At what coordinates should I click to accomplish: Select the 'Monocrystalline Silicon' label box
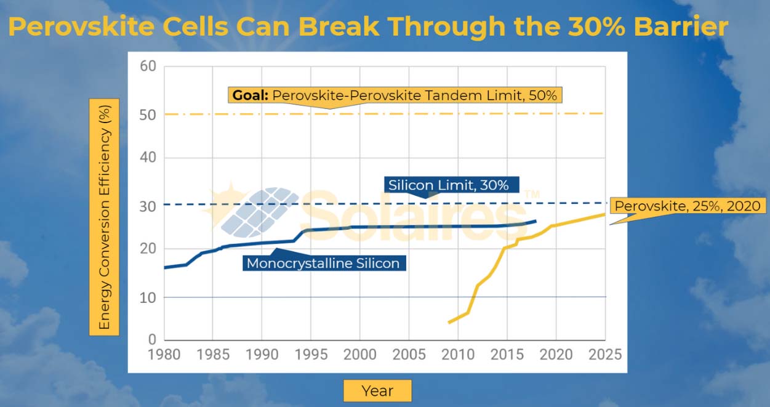pyautogui.click(x=323, y=264)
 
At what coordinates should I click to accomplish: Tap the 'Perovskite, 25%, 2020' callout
pyautogui.click(x=688, y=206)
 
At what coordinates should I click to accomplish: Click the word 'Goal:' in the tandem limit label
pyautogui.click(x=250, y=96)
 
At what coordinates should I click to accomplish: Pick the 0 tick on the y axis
pyautogui.click(x=151, y=340)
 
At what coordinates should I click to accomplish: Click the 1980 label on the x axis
pyautogui.click(x=164, y=355)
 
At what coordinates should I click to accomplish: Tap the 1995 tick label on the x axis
pyautogui.click(x=311, y=355)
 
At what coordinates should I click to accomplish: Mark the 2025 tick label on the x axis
pyautogui.click(x=605, y=355)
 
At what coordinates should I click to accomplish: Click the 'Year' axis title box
pyautogui.click(x=377, y=390)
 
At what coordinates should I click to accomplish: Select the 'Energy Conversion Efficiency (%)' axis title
pyautogui.click(x=104, y=216)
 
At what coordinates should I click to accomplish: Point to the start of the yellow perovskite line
pyautogui.click(x=449, y=322)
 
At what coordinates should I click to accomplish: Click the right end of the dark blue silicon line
pyautogui.click(x=535, y=220)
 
